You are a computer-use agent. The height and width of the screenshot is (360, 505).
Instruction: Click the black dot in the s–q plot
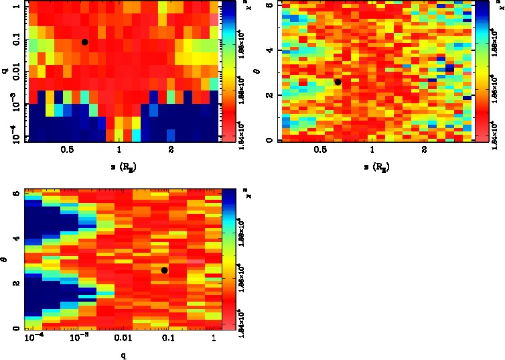click(x=85, y=42)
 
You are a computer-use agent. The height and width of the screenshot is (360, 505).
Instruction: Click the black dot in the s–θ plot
click(x=338, y=82)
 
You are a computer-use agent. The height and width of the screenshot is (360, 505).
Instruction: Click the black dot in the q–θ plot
click(x=164, y=270)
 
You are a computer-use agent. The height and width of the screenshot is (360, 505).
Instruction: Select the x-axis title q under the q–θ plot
click(x=123, y=355)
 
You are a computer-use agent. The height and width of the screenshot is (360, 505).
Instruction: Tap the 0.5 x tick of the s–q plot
click(x=67, y=151)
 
